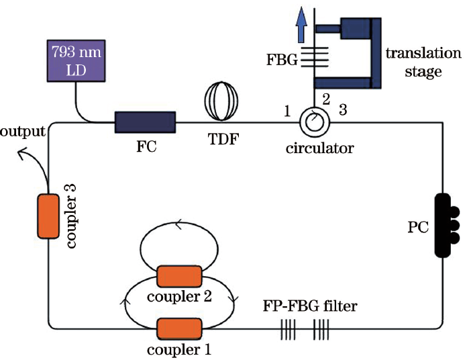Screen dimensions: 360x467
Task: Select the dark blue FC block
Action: pos(144,122)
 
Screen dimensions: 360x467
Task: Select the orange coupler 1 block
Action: pos(178,328)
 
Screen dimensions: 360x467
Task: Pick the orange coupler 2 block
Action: pos(178,275)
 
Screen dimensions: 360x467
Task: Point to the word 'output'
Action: pos(22,131)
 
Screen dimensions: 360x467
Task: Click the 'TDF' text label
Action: pos(221,140)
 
